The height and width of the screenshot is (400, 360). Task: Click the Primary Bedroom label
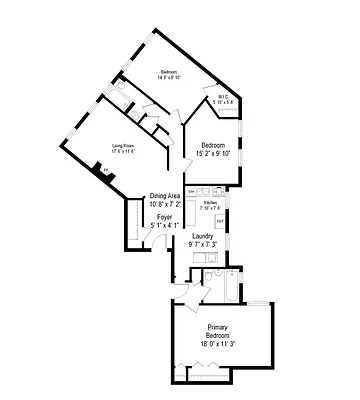tap(223, 331)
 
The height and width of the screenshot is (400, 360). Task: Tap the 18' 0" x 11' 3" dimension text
tap(223, 344)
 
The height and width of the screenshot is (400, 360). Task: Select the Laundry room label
tap(203, 237)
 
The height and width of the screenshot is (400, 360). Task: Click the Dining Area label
tap(166, 195)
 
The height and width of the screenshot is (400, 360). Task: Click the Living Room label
tap(123, 147)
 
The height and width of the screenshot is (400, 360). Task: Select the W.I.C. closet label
tap(224, 97)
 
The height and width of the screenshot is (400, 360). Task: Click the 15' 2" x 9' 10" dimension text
tap(211, 153)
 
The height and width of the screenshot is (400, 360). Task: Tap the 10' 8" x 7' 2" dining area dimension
tap(166, 204)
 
